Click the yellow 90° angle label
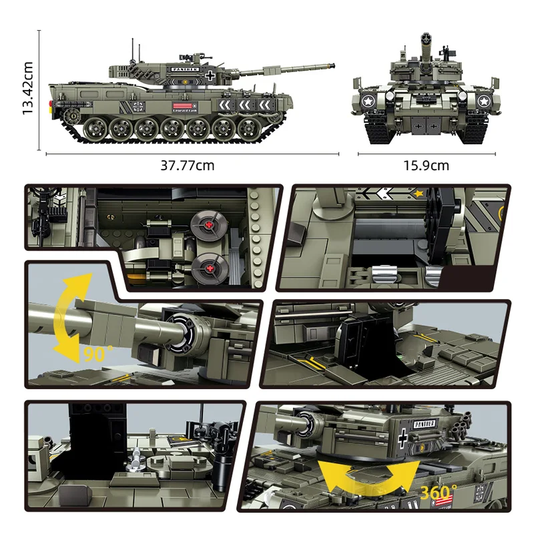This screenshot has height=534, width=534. pos(95,354)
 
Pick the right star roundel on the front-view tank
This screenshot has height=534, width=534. pos(481,101)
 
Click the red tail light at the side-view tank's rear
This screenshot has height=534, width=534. pos(50,104)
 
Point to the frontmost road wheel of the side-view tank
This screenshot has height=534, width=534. pos(249,127)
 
